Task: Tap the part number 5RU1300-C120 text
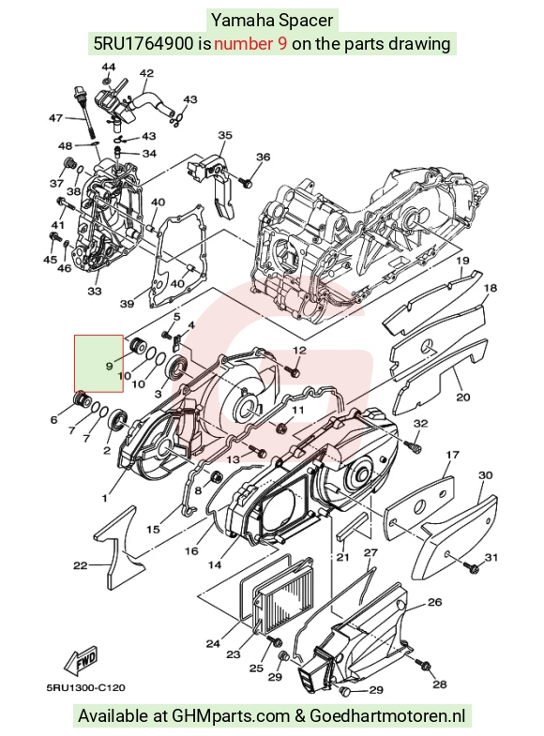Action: pyautogui.click(x=86, y=687)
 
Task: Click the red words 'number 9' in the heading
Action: pyautogui.click(x=250, y=44)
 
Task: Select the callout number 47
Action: pyautogui.click(x=56, y=118)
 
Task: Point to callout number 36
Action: pyautogui.click(x=263, y=157)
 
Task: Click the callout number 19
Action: pyautogui.click(x=462, y=261)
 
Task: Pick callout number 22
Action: pyautogui.click(x=81, y=565)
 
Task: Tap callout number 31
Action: pyautogui.click(x=491, y=557)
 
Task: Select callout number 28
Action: pyautogui.click(x=439, y=683)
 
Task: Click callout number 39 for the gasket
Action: pyautogui.click(x=127, y=304)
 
